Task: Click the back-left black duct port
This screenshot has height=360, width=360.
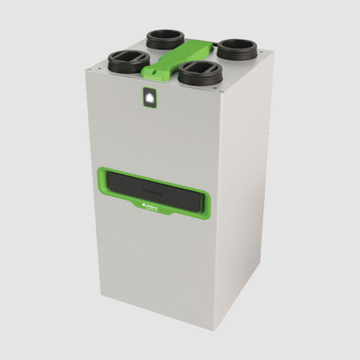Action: point(164,38)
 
